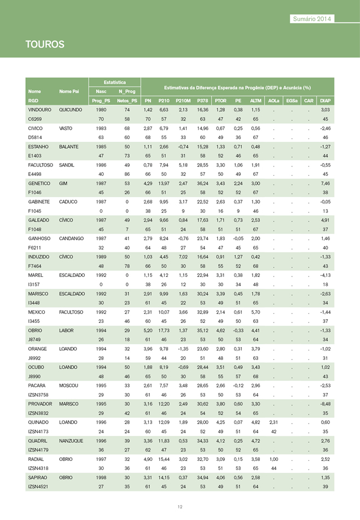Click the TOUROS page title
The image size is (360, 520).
coord(45,44)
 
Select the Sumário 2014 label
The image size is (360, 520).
coord(312,19)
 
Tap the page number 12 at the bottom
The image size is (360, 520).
coord(179,506)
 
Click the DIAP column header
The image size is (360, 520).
coord(325,101)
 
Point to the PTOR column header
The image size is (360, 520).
coord(220,101)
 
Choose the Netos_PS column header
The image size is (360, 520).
coord(126,101)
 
